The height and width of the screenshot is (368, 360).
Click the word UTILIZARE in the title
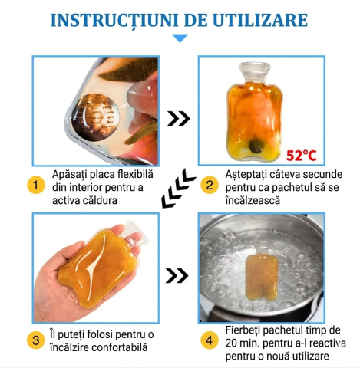coord(266,18)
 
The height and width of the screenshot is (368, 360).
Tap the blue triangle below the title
coord(179,38)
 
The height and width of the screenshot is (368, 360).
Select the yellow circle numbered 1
coord(35,185)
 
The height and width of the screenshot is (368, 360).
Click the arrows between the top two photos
coord(179,118)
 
